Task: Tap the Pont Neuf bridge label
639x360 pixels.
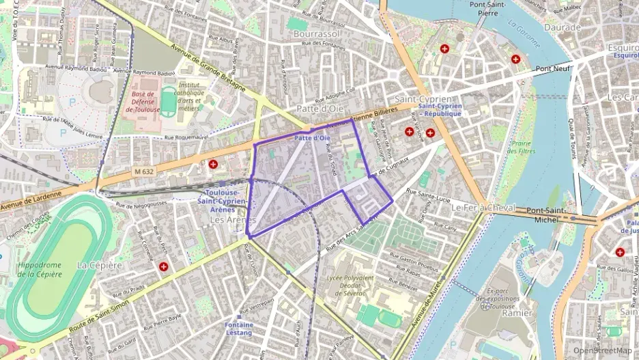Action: click(x=552, y=68)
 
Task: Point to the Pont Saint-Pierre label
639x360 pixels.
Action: click(x=487, y=8)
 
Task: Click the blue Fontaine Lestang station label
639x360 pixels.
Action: click(x=239, y=329)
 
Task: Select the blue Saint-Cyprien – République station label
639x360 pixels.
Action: click(x=440, y=109)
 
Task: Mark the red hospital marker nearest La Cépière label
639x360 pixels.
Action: click(x=164, y=266)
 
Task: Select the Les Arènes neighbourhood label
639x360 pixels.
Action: click(x=232, y=221)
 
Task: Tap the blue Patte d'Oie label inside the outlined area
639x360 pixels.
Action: click(x=313, y=139)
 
